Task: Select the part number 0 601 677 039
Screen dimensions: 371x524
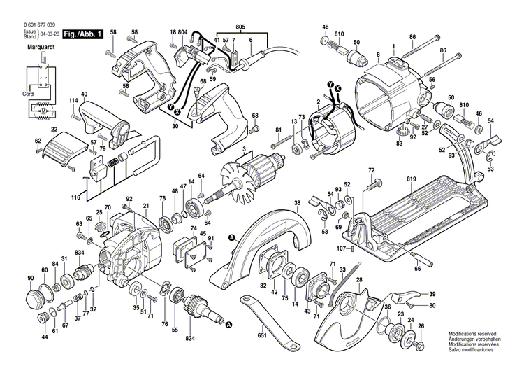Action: [32, 24]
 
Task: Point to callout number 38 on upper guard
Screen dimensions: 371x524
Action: [297, 204]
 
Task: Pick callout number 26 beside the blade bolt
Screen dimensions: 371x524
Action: [421, 325]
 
